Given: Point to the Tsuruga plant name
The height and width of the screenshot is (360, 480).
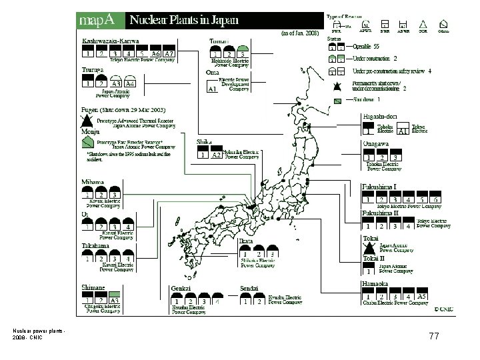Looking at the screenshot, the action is pyautogui.click(x=93, y=69).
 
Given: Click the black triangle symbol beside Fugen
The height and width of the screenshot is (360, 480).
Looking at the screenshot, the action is pyautogui.click(x=86, y=121).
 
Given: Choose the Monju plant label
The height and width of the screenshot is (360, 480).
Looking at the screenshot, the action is pyautogui.click(x=91, y=132).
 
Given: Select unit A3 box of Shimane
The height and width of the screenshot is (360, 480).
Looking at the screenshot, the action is pyautogui.click(x=115, y=301).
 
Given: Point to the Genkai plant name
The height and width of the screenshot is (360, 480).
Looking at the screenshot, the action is pyautogui.click(x=182, y=288).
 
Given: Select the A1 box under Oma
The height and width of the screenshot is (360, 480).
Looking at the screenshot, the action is pyautogui.click(x=213, y=88).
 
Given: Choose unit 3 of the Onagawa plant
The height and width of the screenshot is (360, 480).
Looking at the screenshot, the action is pyautogui.click(x=397, y=158).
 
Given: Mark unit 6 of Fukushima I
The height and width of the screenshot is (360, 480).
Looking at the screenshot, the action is pyautogui.click(x=435, y=199).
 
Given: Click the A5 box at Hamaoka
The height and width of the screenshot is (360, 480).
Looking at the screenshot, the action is pyautogui.click(x=421, y=297).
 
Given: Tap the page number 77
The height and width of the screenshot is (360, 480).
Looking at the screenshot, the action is pyautogui.click(x=434, y=337).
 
